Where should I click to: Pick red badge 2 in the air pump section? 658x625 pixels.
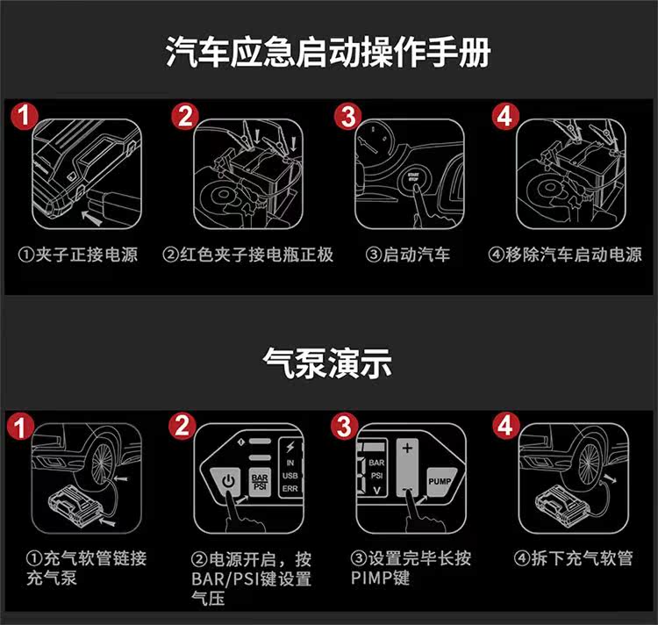coord(182,427)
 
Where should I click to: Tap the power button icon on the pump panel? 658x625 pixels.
coord(227,482)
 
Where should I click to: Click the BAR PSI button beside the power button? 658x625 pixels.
coord(261,481)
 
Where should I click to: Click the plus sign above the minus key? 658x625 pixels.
coord(405,449)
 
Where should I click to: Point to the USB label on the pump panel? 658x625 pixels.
coord(290,476)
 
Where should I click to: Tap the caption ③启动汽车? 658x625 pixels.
coord(407,255)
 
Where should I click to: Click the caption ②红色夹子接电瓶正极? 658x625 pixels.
coord(248,255)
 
